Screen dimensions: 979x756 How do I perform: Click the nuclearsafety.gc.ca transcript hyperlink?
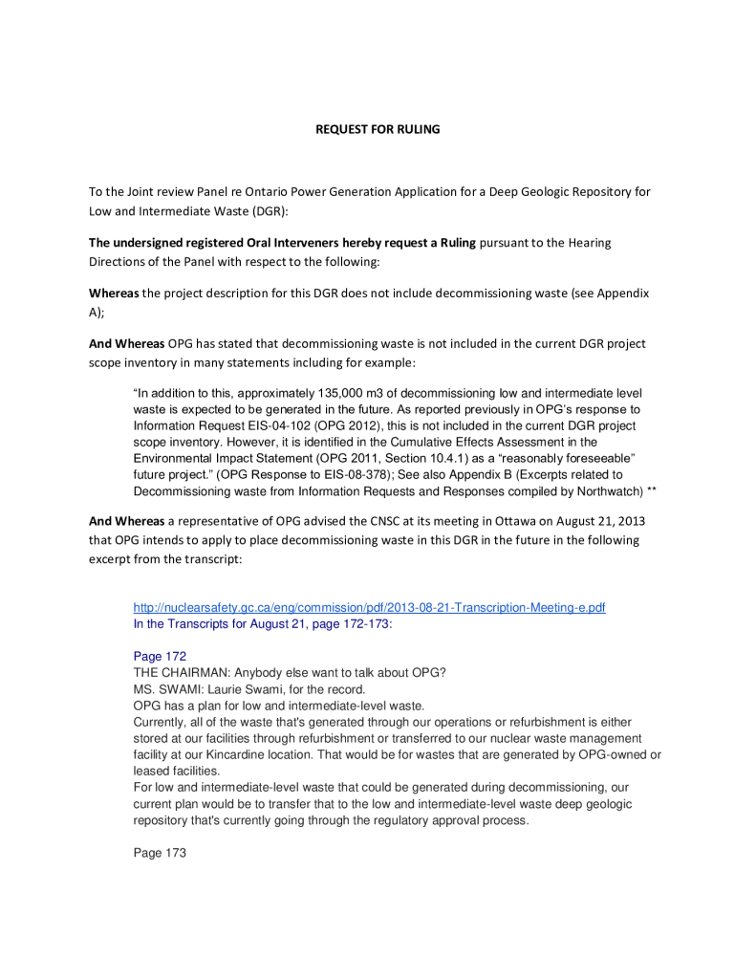click(369, 607)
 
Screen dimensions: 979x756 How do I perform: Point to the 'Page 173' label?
click(160, 853)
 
